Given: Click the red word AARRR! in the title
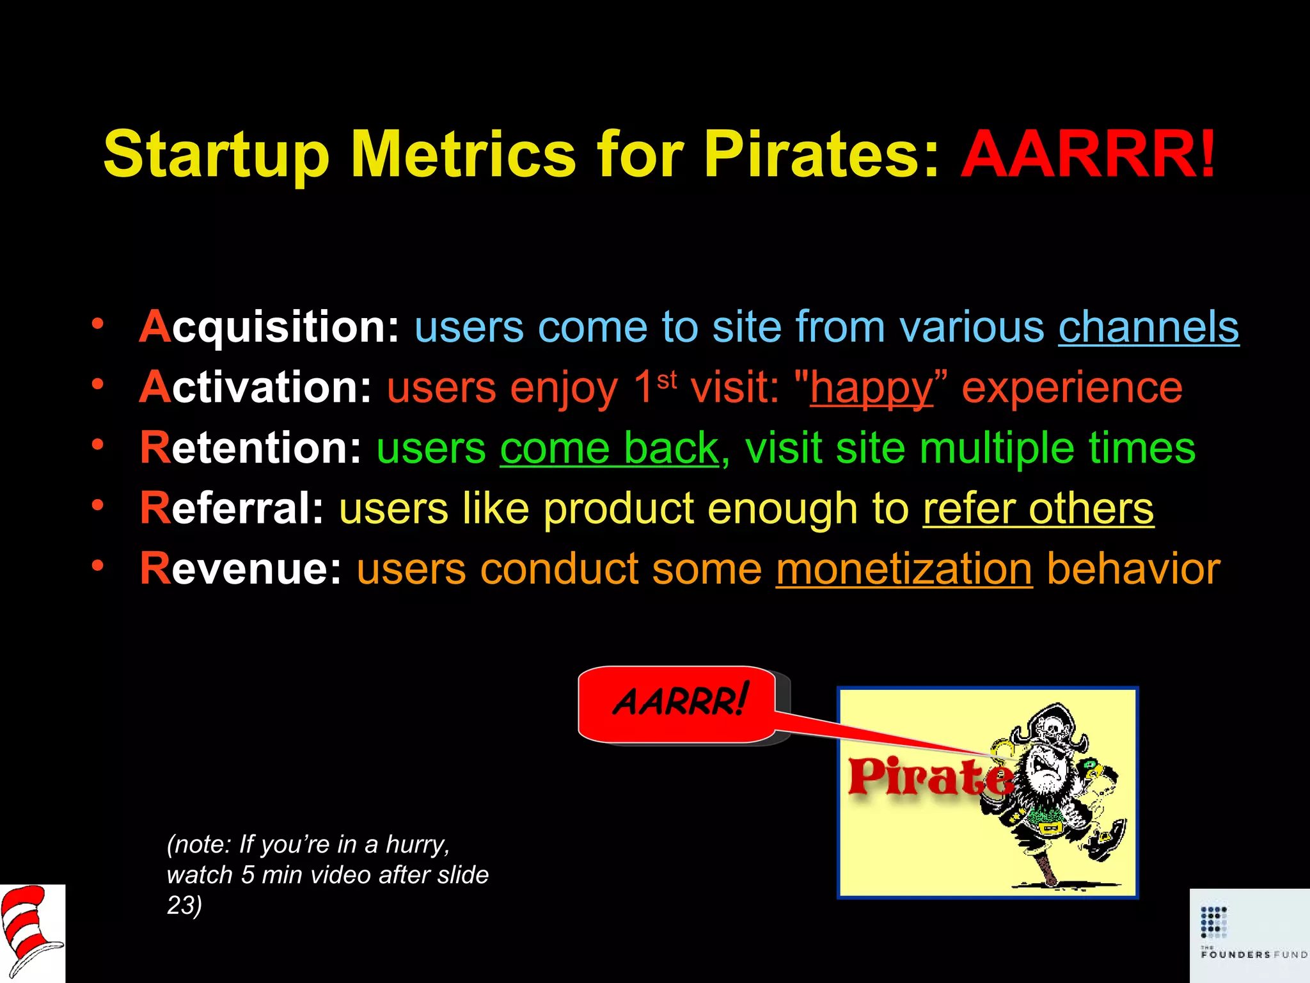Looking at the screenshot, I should (1087, 155).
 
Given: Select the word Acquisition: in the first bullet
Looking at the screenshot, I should (269, 328).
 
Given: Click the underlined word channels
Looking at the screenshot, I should (1148, 328).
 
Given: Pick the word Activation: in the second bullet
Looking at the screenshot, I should (255, 388).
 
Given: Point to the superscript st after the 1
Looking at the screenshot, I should (667, 380).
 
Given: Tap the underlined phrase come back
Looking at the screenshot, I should (609, 449).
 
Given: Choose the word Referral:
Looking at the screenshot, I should (232, 509).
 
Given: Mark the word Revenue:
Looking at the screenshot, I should (241, 569).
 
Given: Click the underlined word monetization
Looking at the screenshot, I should (904, 569).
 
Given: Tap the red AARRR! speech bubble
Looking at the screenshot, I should (678, 703).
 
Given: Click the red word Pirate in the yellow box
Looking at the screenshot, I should (929, 777).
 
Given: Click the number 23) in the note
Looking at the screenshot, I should (184, 906).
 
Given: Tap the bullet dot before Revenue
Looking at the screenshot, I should (97, 566).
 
